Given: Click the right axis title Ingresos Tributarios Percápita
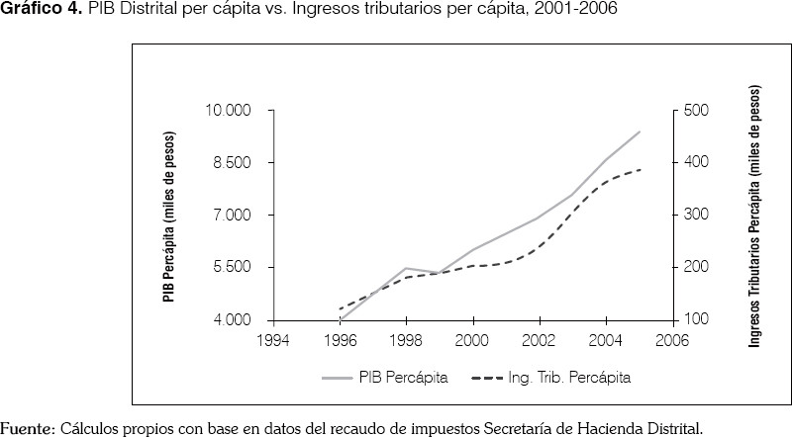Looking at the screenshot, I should (755, 216).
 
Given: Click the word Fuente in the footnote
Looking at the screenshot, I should (28, 429).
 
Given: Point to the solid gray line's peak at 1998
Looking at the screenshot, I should (406, 268).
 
